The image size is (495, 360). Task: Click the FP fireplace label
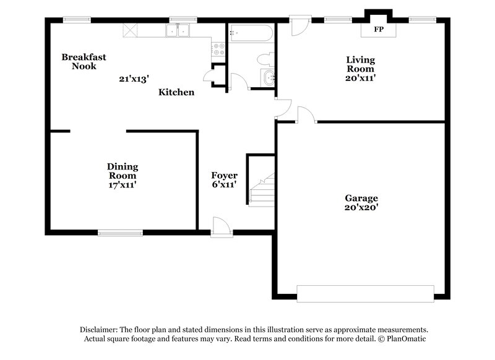pyautogui.click(x=377, y=29)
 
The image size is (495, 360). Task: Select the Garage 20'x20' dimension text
pyautogui.click(x=361, y=208)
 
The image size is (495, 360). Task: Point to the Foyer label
pyautogui.click(x=224, y=176)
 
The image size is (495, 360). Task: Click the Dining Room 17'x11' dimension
pyautogui.click(x=122, y=184)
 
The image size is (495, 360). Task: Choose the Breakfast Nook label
pyautogui.click(x=84, y=61)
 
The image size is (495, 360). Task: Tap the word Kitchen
pyautogui.click(x=176, y=92)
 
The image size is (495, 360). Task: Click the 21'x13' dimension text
pyautogui.click(x=134, y=79)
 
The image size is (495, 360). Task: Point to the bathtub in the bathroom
pyautogui.click(x=251, y=33)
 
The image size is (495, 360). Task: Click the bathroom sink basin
pyautogui.click(x=269, y=79)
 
